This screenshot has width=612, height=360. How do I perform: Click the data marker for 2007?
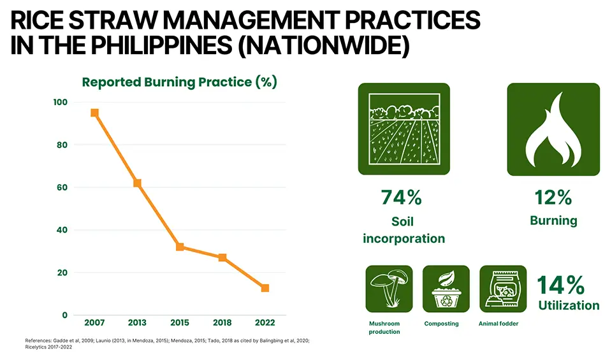tap(94, 113)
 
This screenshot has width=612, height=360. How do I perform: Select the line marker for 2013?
tap(137, 183)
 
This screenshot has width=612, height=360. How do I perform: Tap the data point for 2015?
tap(180, 247)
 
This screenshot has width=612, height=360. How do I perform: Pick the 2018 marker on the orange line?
tap(222, 257)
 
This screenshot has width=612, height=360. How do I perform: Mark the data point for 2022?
tap(265, 288)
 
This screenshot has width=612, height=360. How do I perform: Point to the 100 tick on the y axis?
tap(60, 103)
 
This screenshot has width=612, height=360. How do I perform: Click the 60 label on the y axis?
tap(62, 187)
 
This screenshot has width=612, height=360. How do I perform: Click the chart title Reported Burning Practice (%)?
tap(179, 82)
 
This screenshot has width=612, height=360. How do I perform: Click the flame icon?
tap(553, 129)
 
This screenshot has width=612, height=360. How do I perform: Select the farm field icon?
tap(404, 129)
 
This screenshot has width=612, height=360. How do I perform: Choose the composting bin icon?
tap(446, 289)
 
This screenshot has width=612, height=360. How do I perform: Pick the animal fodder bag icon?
tap(502, 289)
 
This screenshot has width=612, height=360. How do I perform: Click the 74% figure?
tap(402, 198)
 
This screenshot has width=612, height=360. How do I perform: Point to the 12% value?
tap(553, 198)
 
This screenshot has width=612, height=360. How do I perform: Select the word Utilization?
tap(569, 306)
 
